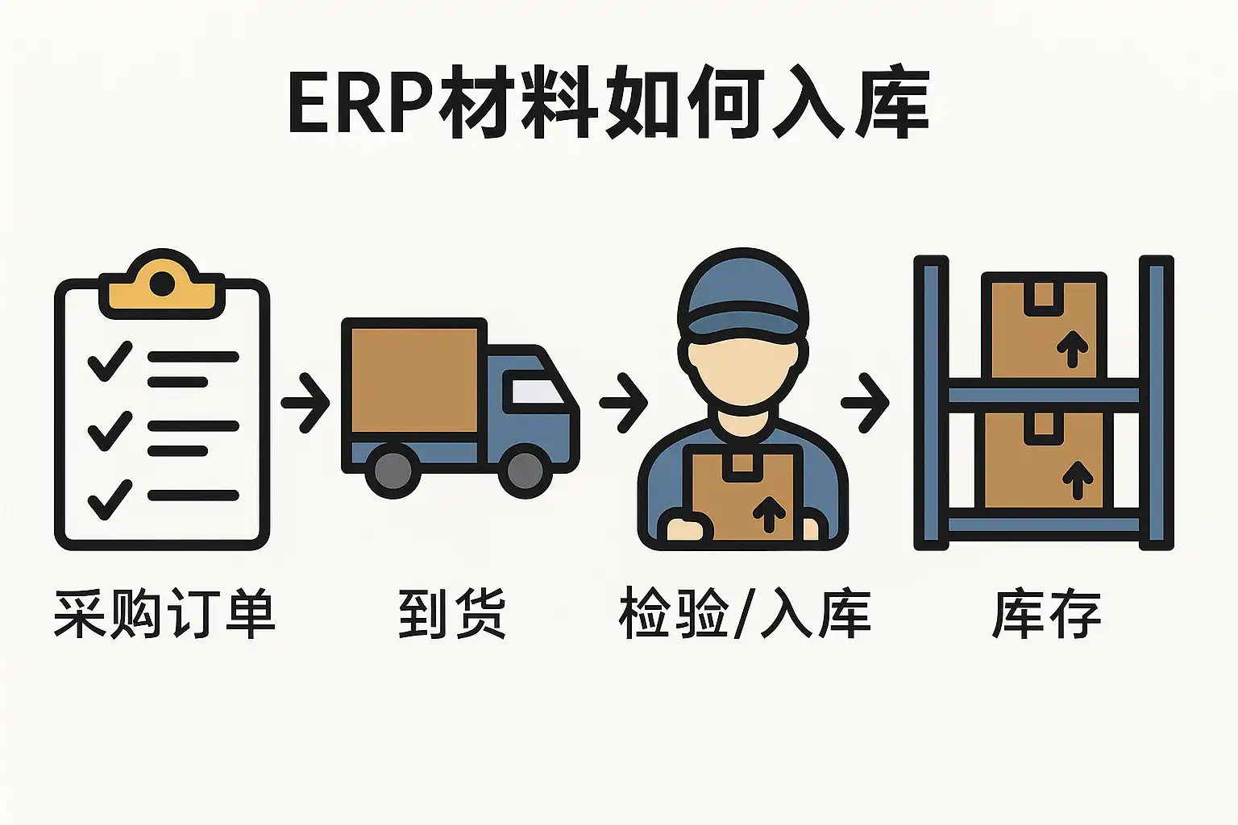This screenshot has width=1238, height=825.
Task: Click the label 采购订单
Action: pos(164,614)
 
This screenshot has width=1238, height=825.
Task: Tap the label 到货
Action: pos(451,614)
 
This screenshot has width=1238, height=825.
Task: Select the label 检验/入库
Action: pos(744,614)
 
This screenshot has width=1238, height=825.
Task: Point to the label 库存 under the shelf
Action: pos(1046,614)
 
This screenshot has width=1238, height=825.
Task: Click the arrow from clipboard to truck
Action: pos(307,402)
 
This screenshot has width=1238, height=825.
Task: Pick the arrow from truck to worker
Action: pos(625,402)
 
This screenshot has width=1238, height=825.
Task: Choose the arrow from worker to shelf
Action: pos(866,402)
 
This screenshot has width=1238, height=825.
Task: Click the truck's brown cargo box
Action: pos(414,379)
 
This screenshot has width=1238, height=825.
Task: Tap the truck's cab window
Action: pos(533,392)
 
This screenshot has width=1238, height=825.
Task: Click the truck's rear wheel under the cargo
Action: pos(393,471)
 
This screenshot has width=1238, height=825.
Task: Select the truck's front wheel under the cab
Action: pos(525,471)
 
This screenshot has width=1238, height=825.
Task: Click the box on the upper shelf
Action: pos(1044,325)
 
